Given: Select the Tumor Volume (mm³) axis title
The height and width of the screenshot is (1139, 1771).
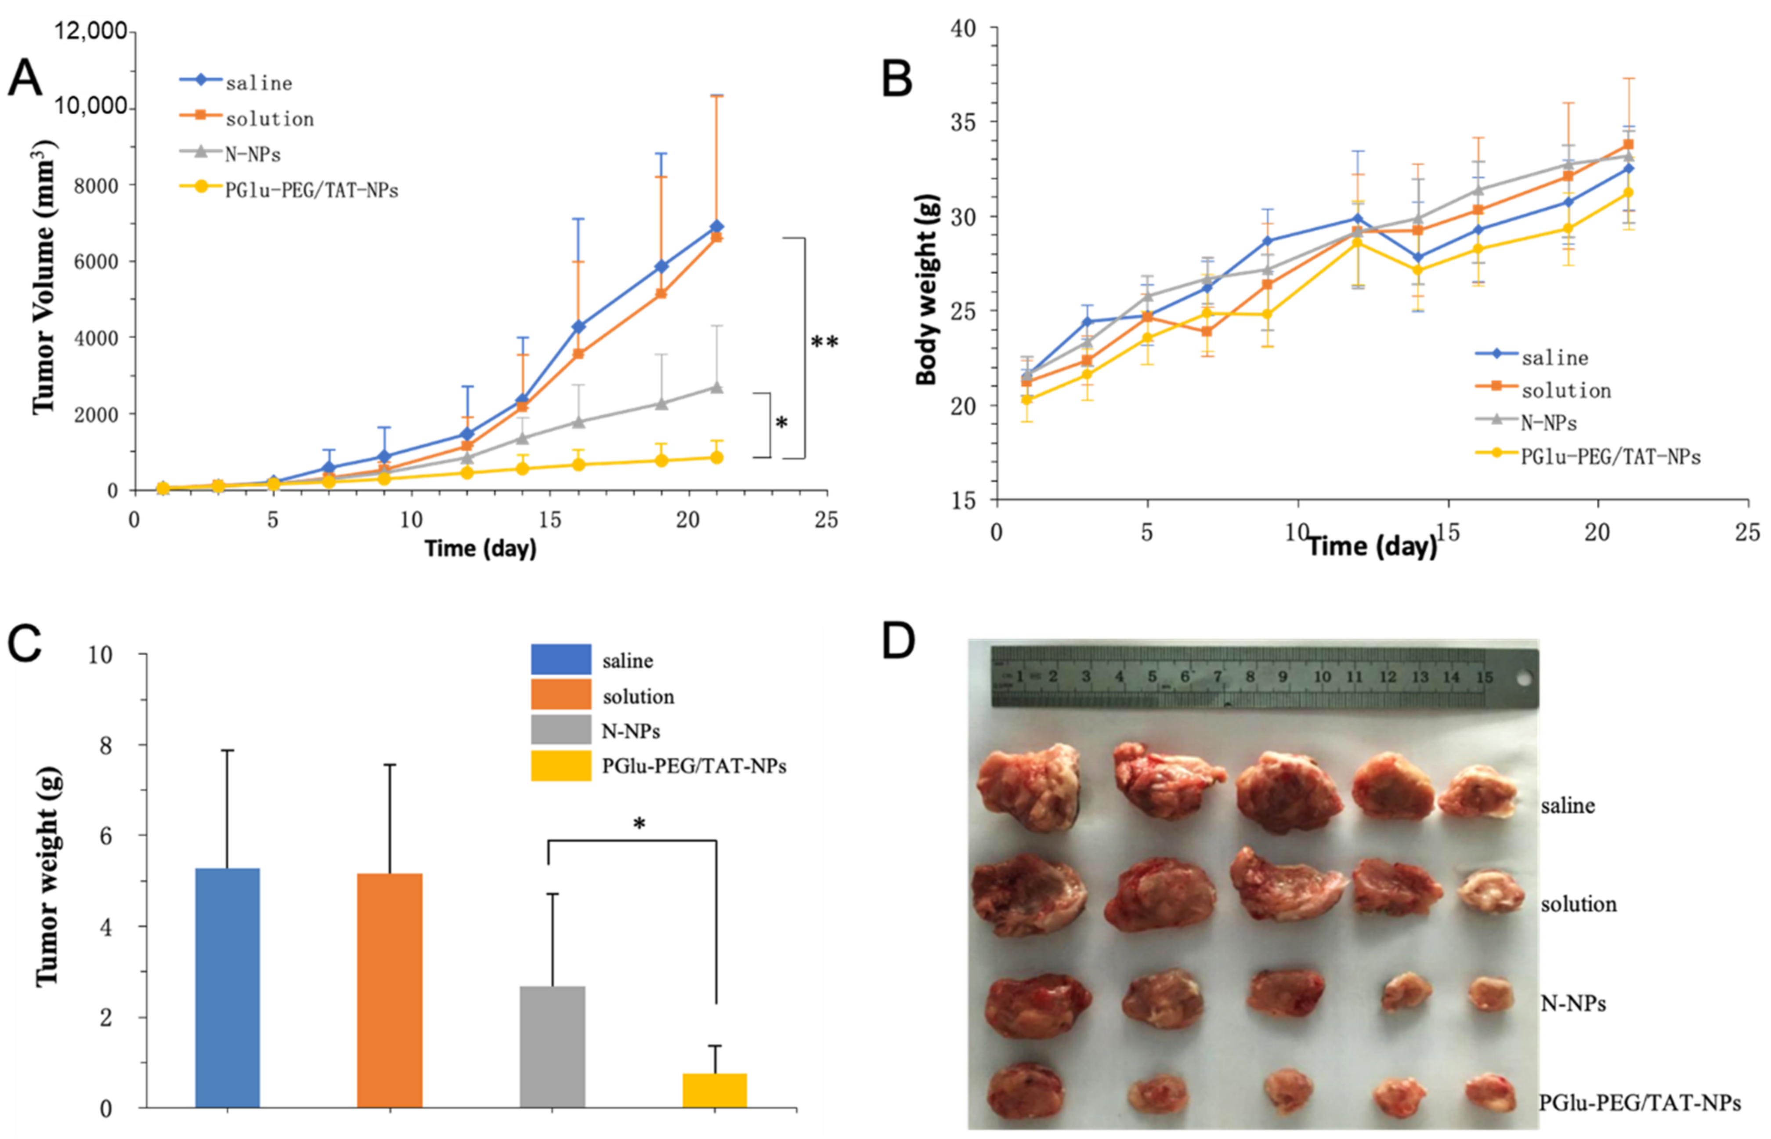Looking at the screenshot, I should (x=43, y=277).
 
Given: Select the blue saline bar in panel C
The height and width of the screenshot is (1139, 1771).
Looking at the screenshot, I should (x=227, y=987).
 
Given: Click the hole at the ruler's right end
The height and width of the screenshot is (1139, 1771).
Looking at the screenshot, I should (x=1523, y=678).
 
